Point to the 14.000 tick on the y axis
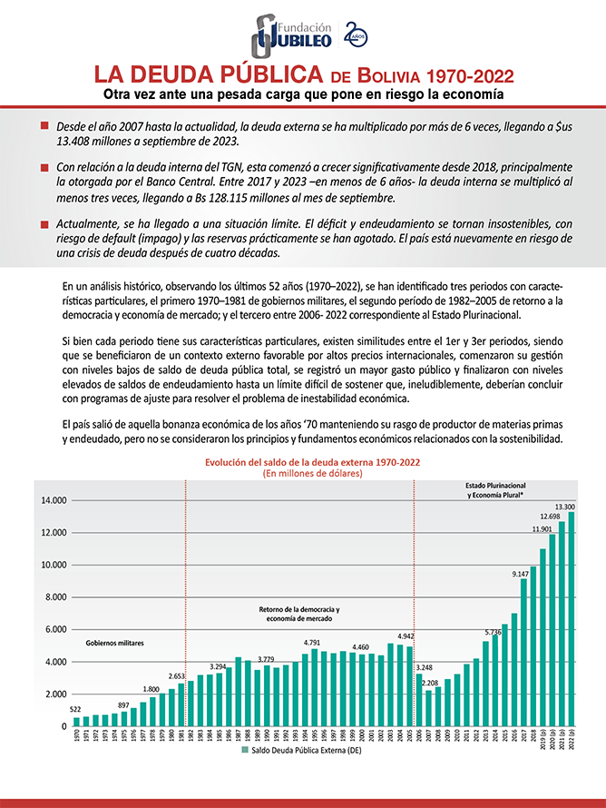pyautogui.click(x=54, y=500)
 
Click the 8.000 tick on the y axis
pyautogui.click(x=54, y=597)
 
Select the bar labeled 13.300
pyautogui.click(x=572, y=617)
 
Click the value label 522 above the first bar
pyautogui.click(x=77, y=708)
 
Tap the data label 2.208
pyautogui.click(x=429, y=682)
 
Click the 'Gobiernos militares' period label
pyautogui.click(x=115, y=643)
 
